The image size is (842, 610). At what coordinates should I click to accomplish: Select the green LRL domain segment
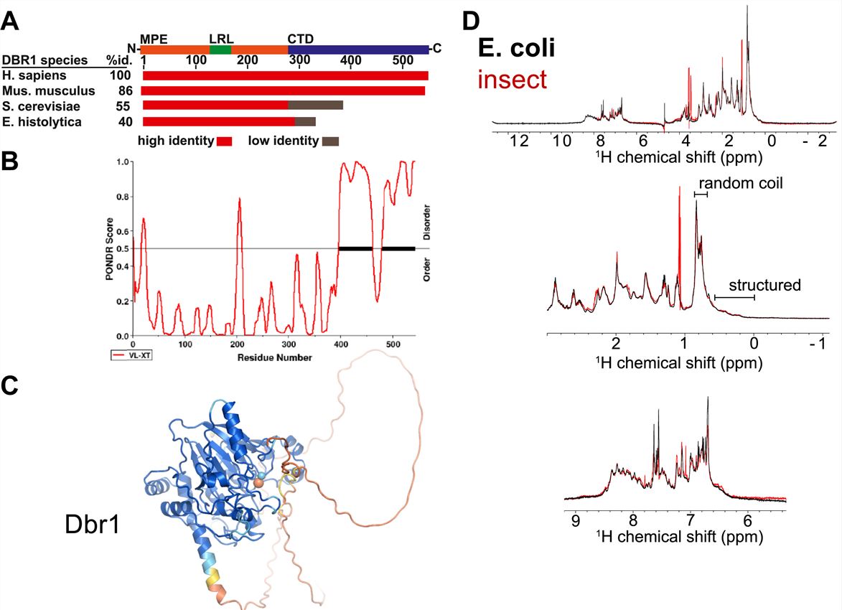(x=220, y=50)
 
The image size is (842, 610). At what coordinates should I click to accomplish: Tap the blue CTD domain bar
(x=357, y=50)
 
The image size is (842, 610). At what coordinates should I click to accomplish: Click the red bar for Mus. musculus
(x=283, y=91)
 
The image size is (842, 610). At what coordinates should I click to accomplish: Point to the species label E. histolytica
(x=42, y=122)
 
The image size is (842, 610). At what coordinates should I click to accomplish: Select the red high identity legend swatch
(x=224, y=141)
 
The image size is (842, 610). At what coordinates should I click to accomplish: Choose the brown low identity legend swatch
(x=330, y=141)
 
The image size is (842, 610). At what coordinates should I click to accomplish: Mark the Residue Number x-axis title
(x=276, y=357)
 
